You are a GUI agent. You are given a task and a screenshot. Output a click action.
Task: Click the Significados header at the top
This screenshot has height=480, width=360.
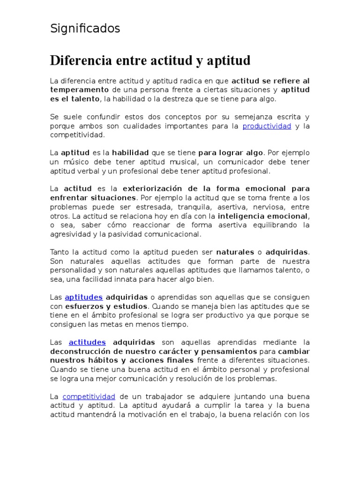coord(85,29)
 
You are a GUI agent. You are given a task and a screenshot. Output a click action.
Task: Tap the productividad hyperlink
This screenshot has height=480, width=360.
coord(267,126)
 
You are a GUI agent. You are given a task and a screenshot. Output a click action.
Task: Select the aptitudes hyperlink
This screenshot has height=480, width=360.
coord(83,297)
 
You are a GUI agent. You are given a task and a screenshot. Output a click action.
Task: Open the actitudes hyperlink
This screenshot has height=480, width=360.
coord(87,342)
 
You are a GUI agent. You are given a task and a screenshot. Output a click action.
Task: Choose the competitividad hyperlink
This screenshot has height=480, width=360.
coord(89,397)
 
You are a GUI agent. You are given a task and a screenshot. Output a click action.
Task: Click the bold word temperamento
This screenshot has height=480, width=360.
coord(79,90)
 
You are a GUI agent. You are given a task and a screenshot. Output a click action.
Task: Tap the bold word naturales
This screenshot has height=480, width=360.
coord(235,252)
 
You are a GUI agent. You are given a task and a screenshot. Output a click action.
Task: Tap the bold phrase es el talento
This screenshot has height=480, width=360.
coord(75,99)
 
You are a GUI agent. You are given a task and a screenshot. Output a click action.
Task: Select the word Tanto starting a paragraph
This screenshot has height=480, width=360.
coord(59,252)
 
